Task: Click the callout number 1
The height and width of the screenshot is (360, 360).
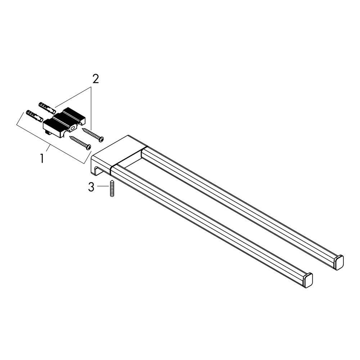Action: click(42, 158)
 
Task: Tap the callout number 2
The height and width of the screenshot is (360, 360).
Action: click(95, 79)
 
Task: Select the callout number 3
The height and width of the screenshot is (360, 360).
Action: click(91, 187)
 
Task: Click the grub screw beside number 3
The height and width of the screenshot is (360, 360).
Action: click(112, 189)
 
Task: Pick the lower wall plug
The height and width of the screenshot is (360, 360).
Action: click(35, 116)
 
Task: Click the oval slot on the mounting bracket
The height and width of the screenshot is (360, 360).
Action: click(73, 128)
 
